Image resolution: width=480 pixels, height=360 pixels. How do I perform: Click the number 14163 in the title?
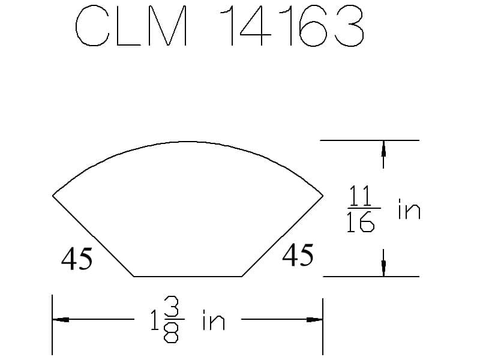[x=292, y=26]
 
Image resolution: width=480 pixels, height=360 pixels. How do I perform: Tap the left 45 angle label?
[x=77, y=259]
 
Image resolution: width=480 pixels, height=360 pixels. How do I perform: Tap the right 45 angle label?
[x=298, y=256]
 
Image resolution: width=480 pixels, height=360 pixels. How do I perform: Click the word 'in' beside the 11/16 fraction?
[x=409, y=210]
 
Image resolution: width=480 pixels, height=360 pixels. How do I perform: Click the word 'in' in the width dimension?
[x=214, y=322]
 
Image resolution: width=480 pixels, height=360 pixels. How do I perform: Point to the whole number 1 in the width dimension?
[x=155, y=322]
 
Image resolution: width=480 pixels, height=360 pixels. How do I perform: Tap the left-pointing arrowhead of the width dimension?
[x=61, y=320]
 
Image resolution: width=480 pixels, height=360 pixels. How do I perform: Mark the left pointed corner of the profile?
[x=53, y=195]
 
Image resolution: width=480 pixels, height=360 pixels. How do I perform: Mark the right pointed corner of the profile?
[x=323, y=195]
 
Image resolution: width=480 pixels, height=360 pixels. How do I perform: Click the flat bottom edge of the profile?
[x=188, y=277]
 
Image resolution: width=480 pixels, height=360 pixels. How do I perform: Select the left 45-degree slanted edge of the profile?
[x=93, y=235]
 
